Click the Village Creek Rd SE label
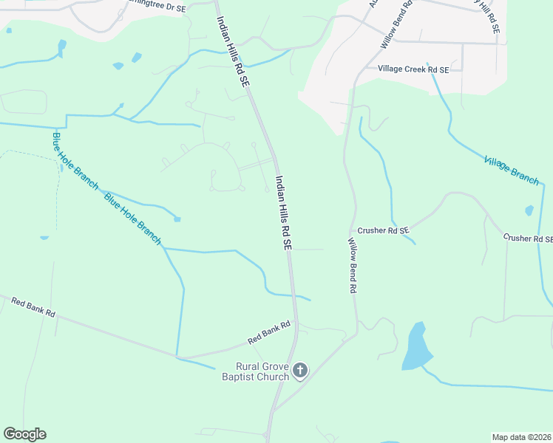point(413,69)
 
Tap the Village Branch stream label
point(512,170)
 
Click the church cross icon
point(299,371)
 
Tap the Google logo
point(24,434)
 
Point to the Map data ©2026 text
point(521,437)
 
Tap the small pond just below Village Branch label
point(529,210)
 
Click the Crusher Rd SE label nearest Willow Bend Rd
point(383,230)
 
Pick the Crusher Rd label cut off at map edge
point(528,238)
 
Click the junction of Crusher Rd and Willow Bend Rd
point(354,230)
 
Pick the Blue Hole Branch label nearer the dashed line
point(75,160)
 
